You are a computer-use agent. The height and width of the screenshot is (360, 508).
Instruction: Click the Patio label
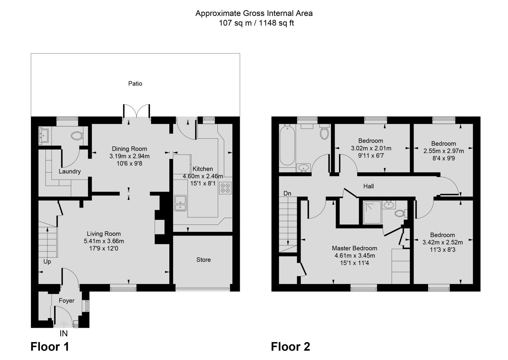(135, 83)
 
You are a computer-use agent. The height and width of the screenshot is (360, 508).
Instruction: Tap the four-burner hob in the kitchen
(226, 188)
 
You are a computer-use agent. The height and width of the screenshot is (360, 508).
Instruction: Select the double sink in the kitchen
(181, 203)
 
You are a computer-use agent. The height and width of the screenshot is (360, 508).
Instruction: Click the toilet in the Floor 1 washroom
(77, 136)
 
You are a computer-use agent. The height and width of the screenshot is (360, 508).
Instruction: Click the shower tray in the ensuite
(372, 212)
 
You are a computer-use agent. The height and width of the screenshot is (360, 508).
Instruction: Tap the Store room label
(204, 260)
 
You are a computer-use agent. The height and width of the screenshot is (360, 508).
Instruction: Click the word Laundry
(70, 171)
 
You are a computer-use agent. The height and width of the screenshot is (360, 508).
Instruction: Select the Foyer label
(66, 301)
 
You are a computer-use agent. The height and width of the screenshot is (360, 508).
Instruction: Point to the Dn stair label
(287, 194)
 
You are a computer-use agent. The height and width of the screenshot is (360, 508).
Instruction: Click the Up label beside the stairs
(47, 262)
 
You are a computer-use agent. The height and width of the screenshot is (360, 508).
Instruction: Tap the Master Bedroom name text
(354, 248)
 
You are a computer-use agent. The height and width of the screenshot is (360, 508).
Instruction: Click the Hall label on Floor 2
(368, 186)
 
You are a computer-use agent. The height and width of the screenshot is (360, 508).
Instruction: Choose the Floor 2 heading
(290, 346)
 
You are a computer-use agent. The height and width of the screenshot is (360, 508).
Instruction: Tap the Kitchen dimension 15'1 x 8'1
(203, 183)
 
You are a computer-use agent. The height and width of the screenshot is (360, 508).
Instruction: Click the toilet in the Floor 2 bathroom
(324, 133)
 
